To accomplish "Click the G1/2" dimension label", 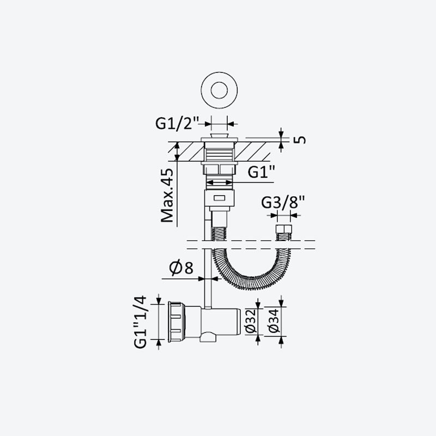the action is [x=178, y=123].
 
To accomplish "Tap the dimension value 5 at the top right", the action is [x=300, y=140].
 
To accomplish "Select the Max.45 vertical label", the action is [x=167, y=196].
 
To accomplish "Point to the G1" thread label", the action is [x=262, y=172].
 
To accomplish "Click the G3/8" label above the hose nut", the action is [x=283, y=202].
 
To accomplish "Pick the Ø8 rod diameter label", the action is [x=181, y=267].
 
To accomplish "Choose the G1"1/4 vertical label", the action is [x=141, y=322].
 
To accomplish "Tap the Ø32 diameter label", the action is [x=251, y=321].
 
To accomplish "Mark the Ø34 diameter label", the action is [x=274, y=320].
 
